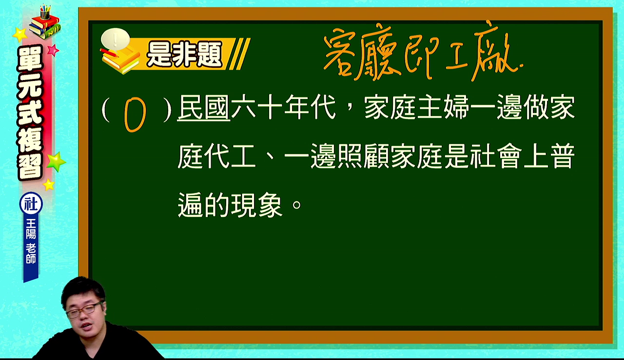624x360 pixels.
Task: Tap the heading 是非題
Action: pos(185,54)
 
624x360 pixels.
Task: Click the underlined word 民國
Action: pos(204,107)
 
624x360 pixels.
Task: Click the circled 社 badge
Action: pos(31,204)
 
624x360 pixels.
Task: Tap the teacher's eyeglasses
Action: pos(83,310)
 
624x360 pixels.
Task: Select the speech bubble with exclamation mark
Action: pos(116,39)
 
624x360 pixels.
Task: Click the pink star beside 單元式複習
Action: pos(53,50)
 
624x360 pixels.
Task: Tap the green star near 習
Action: pos(56,161)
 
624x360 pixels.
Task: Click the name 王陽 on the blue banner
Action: pos(31,228)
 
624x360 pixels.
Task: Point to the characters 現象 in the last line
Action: pos(257,205)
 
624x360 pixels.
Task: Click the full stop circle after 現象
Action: pos(296,205)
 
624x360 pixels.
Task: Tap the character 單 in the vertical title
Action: pos(30,59)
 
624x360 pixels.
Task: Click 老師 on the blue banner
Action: pos(31,254)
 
